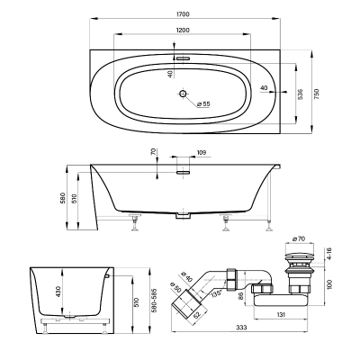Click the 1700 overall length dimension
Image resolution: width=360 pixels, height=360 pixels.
pos(183,14)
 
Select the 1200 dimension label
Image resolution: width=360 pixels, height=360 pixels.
pos(183,30)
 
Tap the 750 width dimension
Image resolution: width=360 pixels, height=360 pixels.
pos(318,94)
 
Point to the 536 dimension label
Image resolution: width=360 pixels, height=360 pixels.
pos(301,94)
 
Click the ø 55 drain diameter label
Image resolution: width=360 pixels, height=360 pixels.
pos(203,103)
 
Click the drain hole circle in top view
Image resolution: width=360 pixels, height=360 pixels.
pos(183,94)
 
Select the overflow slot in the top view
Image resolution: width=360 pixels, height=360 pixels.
pos(183,58)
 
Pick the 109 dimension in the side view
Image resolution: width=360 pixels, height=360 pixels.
pos(202,152)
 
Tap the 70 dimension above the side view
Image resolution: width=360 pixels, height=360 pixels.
pos(153,152)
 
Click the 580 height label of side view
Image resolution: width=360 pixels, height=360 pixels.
pos(63,198)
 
